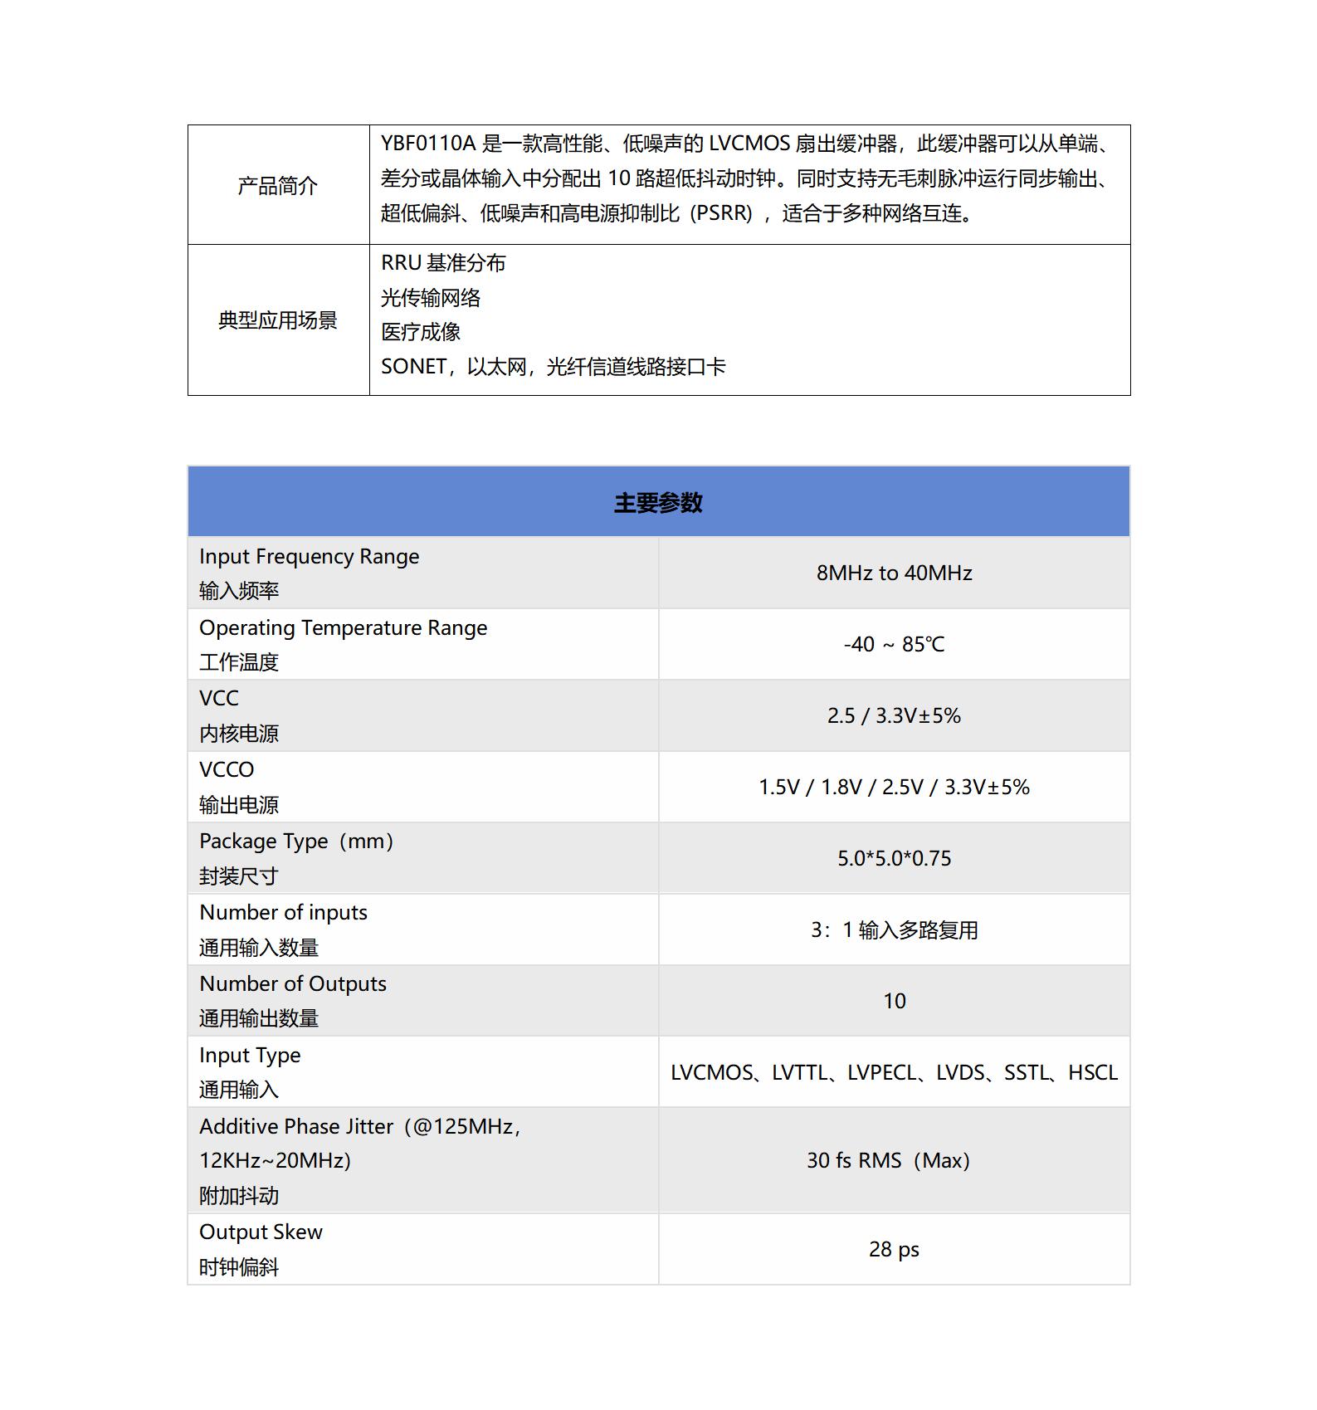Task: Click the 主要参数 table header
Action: click(658, 503)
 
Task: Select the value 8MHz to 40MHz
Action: click(894, 573)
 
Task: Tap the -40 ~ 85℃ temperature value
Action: click(894, 645)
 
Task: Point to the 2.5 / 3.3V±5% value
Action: click(894, 716)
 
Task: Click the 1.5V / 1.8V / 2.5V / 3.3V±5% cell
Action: click(894, 788)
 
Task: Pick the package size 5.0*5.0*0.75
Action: click(894, 859)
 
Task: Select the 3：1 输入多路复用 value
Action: click(894, 930)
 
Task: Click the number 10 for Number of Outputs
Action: click(894, 1002)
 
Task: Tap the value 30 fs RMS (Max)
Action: click(888, 1161)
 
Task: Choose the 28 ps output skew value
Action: click(894, 1250)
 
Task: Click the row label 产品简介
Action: click(277, 186)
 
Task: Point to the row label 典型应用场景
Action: click(277, 320)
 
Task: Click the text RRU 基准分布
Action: click(443, 264)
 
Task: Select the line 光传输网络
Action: click(431, 298)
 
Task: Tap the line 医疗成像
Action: click(421, 333)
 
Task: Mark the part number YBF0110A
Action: click(428, 144)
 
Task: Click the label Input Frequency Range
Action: click(309, 557)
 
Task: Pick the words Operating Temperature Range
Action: click(343, 628)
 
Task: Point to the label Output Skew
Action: click(261, 1232)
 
